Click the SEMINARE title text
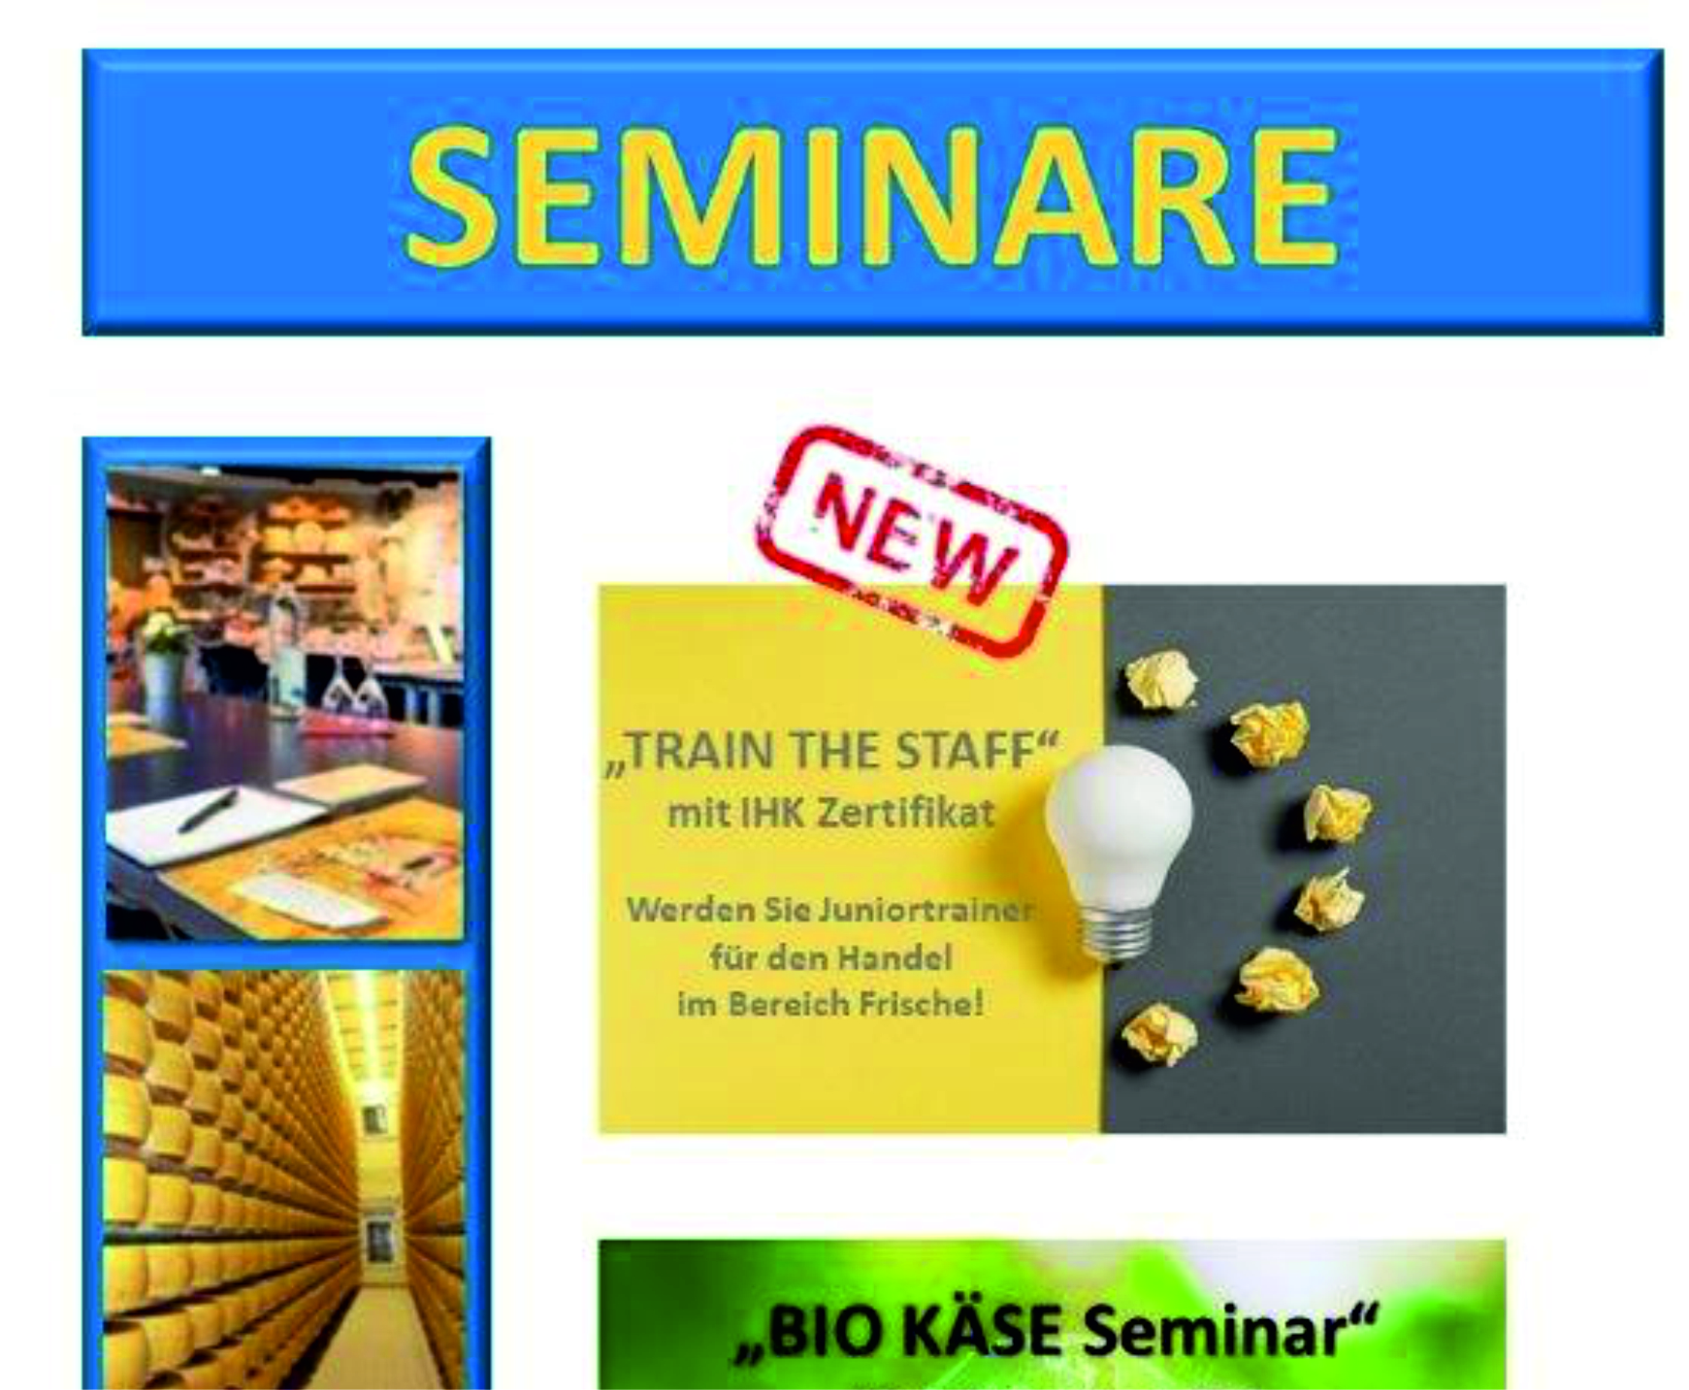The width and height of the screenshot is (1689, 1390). (873, 195)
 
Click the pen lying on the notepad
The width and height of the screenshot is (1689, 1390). (207, 810)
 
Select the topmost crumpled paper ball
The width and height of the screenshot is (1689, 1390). (1161, 678)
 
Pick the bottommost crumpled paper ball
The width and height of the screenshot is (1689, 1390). (1158, 1034)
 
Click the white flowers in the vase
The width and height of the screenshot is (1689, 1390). (165, 634)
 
